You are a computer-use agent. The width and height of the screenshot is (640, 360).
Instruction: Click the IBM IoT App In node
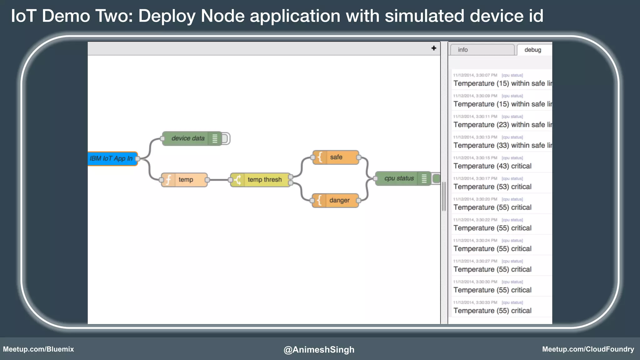tap(112, 158)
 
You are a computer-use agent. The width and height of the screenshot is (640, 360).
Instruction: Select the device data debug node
tap(188, 138)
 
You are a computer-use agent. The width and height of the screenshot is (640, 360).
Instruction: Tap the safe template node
tap(336, 157)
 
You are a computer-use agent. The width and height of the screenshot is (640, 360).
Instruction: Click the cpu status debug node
tap(399, 178)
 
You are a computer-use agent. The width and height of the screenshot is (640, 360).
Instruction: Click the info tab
tap(482, 50)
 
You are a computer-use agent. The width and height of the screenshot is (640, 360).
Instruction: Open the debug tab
tap(533, 50)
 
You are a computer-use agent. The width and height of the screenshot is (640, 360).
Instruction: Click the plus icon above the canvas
tap(434, 48)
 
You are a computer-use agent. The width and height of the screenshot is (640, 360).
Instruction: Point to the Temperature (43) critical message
tap(492, 166)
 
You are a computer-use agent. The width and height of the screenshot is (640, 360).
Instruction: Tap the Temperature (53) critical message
tap(492, 187)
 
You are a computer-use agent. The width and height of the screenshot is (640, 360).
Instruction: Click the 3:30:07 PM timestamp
tap(475, 75)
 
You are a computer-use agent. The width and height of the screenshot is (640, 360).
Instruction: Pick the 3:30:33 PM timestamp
tap(475, 302)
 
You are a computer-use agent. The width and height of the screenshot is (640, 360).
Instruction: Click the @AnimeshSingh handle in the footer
tap(319, 349)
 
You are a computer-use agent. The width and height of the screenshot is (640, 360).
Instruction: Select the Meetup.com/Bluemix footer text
tap(38, 349)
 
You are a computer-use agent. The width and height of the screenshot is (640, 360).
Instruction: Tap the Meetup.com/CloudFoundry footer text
tap(588, 349)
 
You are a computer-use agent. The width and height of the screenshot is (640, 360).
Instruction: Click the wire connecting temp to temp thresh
tap(219, 180)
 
